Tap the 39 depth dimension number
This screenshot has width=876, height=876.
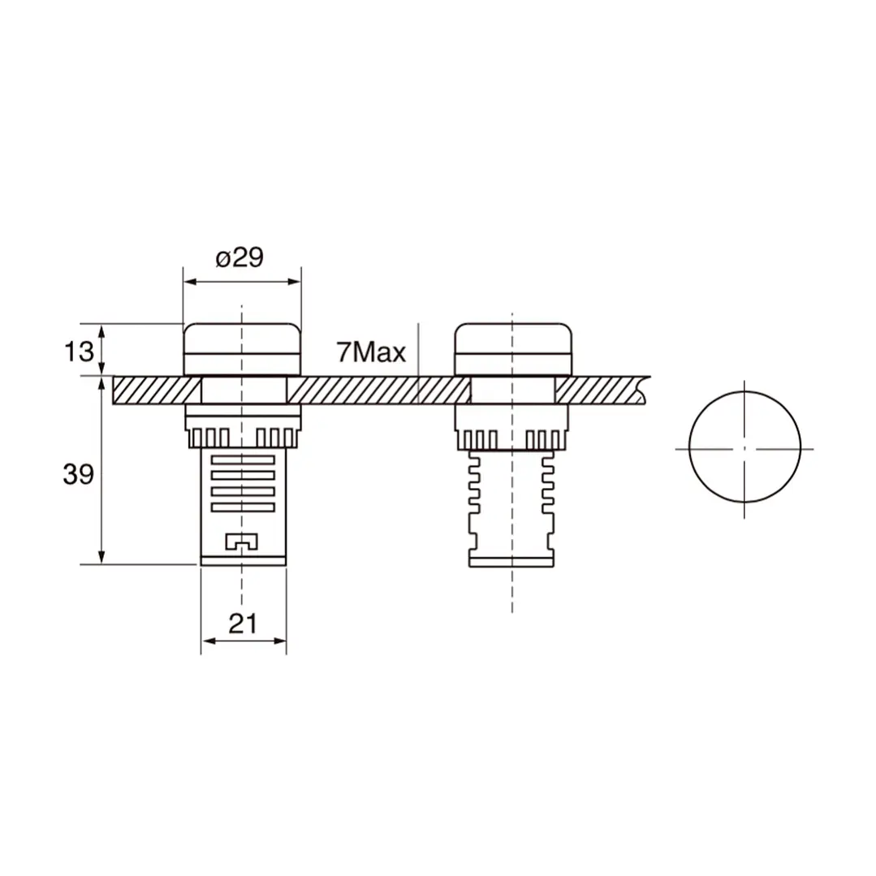[78, 475]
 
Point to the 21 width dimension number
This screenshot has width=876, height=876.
[243, 624]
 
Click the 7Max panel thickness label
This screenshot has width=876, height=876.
[370, 352]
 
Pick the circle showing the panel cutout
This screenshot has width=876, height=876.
[744, 447]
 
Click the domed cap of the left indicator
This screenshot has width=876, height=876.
[242, 349]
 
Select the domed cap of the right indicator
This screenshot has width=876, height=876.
[511, 349]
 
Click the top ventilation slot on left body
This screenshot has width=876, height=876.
[243, 460]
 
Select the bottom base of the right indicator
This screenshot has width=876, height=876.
[511, 559]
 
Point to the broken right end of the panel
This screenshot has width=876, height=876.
[642, 390]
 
